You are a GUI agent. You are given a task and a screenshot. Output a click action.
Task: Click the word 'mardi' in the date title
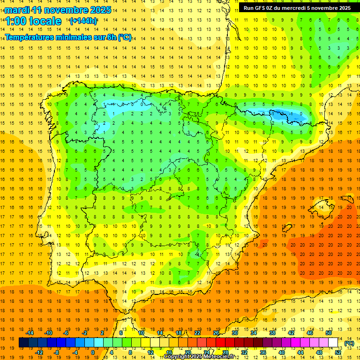pos(17,10)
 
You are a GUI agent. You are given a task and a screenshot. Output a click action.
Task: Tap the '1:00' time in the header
pos(16,22)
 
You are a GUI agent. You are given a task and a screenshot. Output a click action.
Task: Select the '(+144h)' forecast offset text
pos(83,21)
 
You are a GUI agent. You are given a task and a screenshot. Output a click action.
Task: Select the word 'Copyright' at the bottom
pos(178,357)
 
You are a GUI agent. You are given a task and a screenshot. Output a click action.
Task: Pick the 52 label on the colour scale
pos(338,352)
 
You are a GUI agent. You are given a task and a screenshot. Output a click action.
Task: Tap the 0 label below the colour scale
pos(93,352)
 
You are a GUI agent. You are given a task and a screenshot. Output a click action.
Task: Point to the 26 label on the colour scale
pos(216,333)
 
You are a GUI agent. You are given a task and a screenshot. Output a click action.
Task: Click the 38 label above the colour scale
pos(272,333)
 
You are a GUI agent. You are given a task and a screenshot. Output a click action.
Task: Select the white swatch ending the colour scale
pos(333,343)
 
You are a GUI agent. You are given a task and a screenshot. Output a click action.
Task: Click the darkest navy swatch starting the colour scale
pos(23,343)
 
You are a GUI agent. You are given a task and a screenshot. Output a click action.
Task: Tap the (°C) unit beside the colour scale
pos(349,343)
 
